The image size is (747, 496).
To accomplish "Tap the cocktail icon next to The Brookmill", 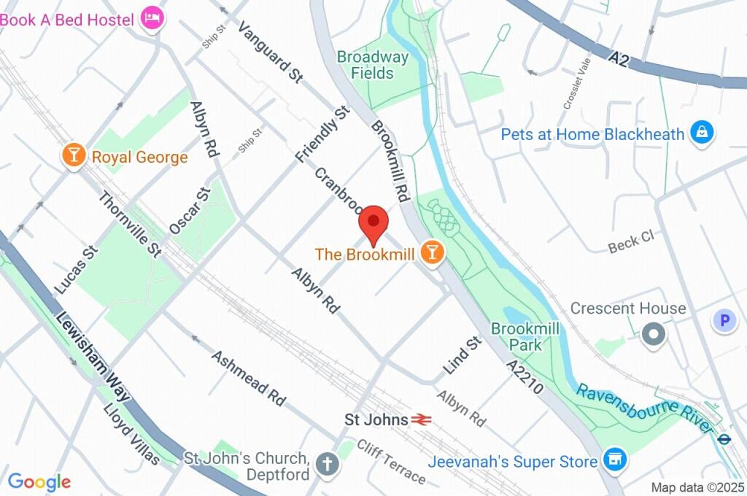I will pos(433,253).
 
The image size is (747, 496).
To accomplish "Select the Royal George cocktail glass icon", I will pos(74,156).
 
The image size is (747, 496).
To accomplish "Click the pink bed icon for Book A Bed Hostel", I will pos(152,18).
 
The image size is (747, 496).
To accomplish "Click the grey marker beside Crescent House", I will pos(654,335).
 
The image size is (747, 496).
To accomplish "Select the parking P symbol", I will pos(724,320).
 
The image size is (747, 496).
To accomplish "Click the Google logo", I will pos(39,481).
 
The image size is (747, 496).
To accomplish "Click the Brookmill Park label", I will pos(525,336).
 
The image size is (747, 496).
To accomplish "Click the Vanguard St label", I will pos(270,53).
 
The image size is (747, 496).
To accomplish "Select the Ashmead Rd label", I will pos(248,378).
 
